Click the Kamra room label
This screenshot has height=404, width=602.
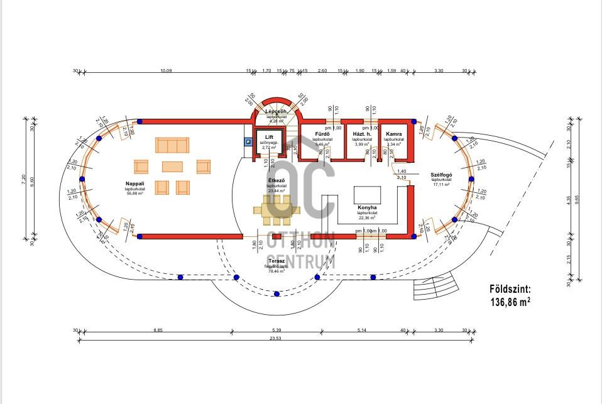tap(395, 134)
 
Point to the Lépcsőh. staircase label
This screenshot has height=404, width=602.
tap(276, 111)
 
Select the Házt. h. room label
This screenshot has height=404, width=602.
tap(361, 134)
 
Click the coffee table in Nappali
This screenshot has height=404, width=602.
tap(172, 167)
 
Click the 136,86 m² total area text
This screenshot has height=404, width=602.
tap(510, 302)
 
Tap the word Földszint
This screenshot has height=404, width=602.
tap(510, 290)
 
